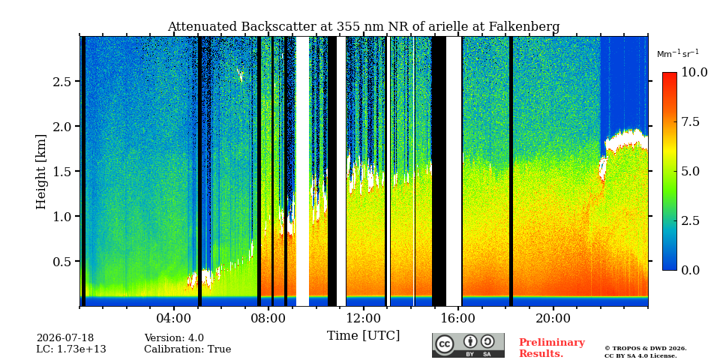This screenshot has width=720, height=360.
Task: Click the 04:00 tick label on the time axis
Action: coord(174,318)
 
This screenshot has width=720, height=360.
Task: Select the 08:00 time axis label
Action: coord(268,318)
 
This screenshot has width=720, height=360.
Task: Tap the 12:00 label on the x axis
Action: coord(363,318)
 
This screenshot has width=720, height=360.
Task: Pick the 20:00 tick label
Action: coord(553,318)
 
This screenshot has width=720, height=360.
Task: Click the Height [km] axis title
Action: coord(41,172)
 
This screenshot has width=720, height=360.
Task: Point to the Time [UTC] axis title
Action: coord(363,335)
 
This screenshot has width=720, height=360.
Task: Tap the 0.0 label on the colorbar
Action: coord(690,270)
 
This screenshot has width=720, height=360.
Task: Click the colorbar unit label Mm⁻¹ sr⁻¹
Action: coord(678,53)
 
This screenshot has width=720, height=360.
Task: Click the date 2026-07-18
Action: coord(65,338)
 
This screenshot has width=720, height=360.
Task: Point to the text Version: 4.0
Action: coord(174,338)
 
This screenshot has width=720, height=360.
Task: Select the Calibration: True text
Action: coord(187,349)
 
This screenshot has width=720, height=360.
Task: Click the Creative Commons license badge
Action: coord(468,345)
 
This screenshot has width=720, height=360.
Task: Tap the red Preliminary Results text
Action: coord(552,347)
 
